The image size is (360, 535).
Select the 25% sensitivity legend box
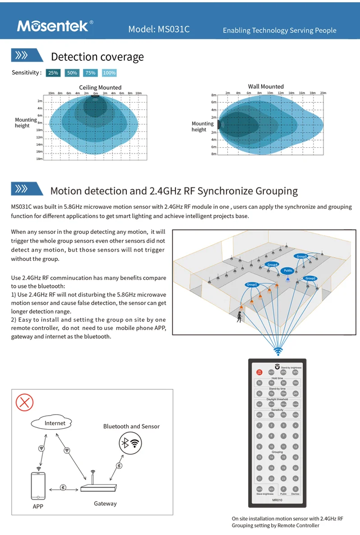coord(53,73)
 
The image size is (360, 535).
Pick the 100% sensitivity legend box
coord(109,73)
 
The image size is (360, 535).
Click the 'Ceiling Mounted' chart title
coord(100,87)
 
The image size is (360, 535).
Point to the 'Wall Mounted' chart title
coord(266,87)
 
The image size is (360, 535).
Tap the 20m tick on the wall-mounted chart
coord(323,93)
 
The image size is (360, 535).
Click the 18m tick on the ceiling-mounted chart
coord(39,159)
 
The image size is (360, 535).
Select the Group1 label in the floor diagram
coord(252,285)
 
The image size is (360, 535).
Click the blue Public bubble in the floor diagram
coord(288,270)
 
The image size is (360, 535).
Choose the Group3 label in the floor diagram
coord(301,256)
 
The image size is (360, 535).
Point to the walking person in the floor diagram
coord(239,317)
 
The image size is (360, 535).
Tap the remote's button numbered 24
coord(295,478)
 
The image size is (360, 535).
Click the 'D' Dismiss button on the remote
coord(295,489)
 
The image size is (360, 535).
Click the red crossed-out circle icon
coord(24,402)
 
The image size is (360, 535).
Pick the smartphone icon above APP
coord(38,485)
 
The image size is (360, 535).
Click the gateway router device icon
coord(98,488)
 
